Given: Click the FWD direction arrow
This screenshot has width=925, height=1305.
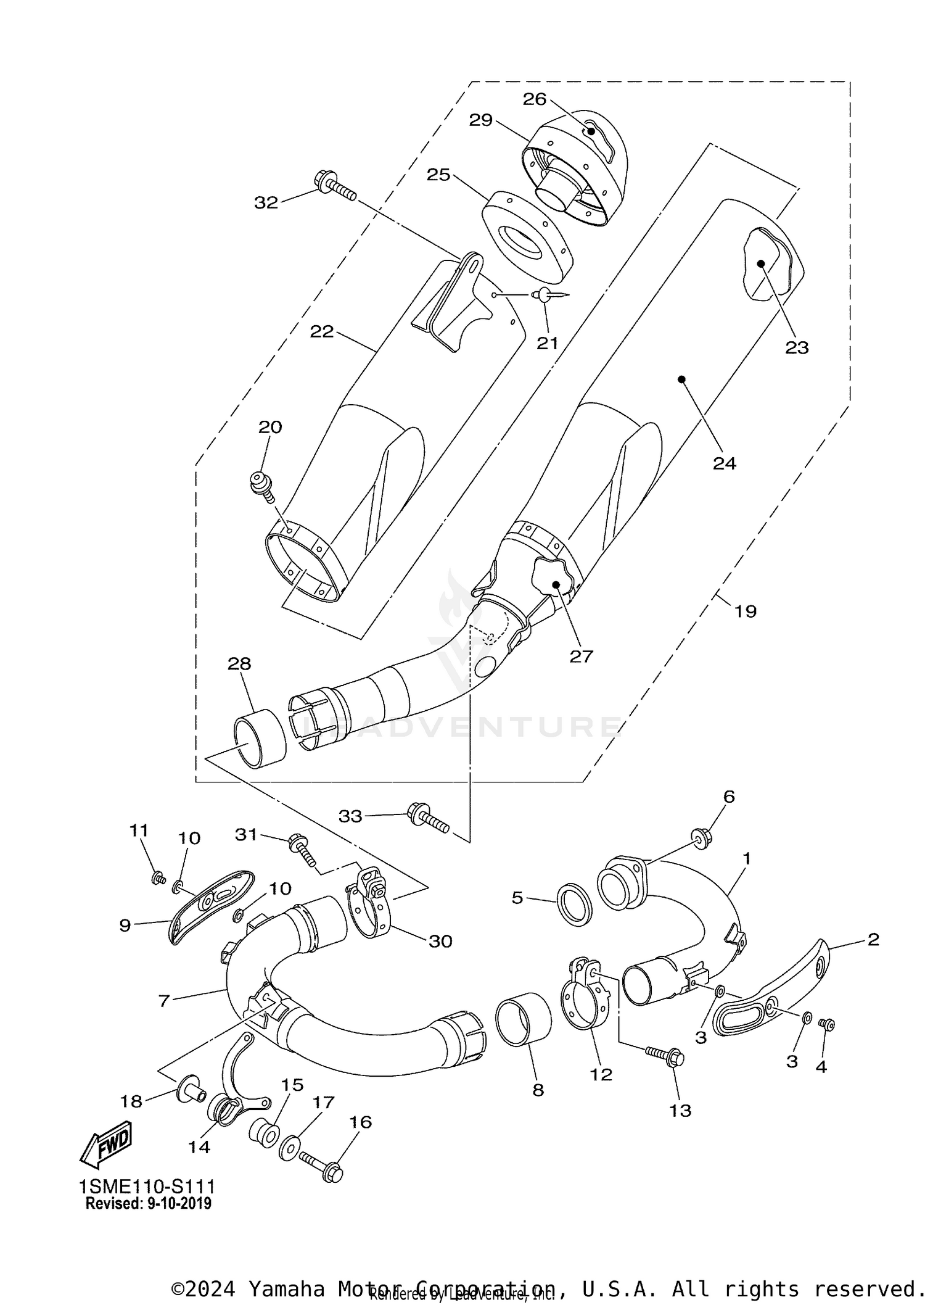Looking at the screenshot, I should click(x=106, y=1145).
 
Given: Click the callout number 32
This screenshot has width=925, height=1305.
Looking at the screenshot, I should click(x=266, y=202).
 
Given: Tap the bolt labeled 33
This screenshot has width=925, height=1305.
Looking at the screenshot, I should click(x=427, y=817).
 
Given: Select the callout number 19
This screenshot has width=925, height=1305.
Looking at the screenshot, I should click(x=745, y=611).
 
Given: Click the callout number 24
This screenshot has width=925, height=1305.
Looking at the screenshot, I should click(x=724, y=463).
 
